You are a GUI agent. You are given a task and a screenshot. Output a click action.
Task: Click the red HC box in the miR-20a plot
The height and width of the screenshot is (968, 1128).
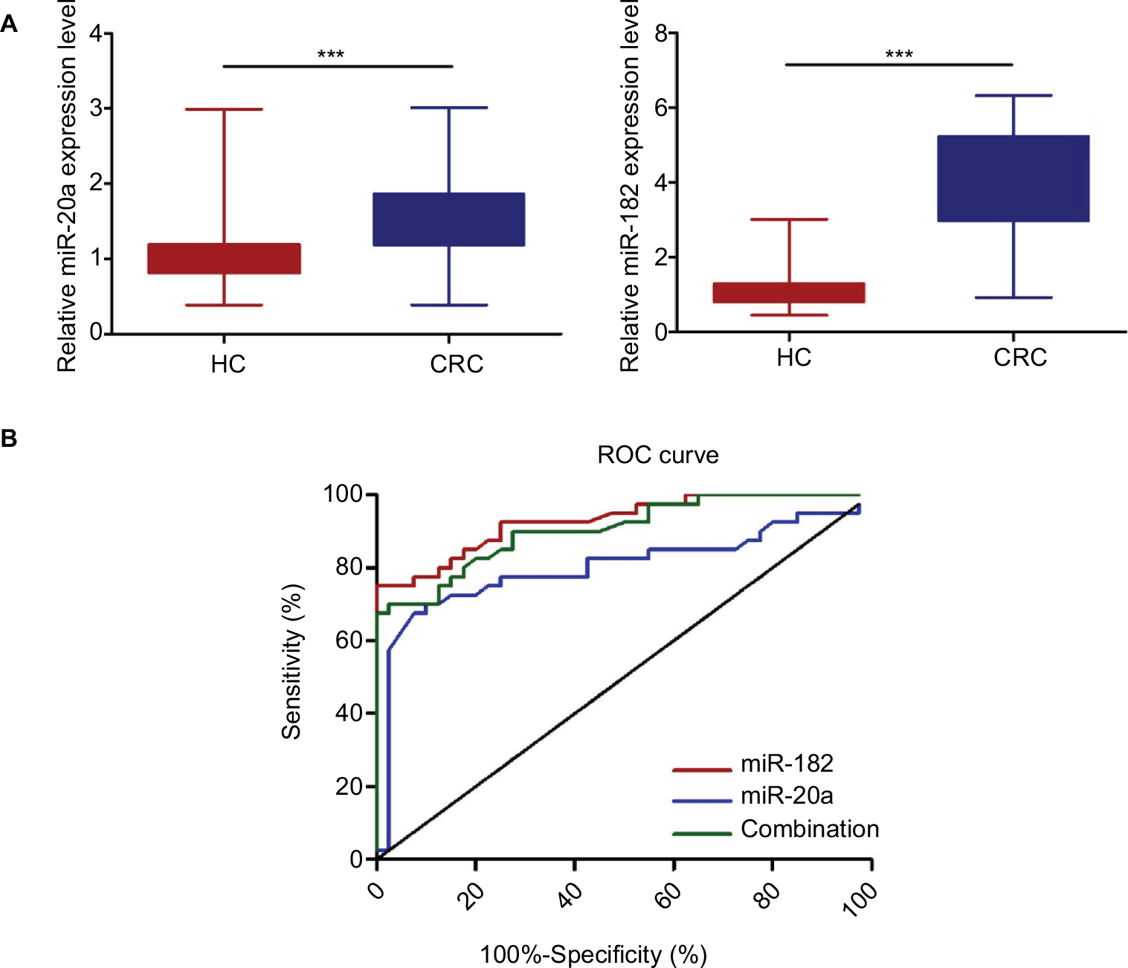coord(224,259)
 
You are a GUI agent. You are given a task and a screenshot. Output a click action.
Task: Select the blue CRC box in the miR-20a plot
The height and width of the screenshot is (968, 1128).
coord(449,219)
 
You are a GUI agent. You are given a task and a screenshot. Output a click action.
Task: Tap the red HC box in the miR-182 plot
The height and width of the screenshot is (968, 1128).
coord(789,293)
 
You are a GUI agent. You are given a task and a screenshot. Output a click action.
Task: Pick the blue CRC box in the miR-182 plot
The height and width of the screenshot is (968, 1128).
coord(1013,178)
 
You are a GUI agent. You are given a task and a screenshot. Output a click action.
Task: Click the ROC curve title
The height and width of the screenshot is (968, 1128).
coord(658,455)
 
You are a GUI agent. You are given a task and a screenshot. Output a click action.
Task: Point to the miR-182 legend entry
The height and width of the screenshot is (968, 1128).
coord(787,764)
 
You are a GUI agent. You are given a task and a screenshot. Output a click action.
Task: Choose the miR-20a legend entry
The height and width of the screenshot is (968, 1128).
coord(787,796)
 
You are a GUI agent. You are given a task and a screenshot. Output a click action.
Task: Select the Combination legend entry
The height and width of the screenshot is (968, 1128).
coord(810,829)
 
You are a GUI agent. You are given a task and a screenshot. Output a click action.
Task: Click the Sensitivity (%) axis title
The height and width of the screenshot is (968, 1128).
coord(291,662)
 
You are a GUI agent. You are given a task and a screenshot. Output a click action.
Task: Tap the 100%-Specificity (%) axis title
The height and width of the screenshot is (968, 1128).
coord(593,955)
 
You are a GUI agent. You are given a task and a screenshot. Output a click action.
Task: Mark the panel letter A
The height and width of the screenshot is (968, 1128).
coord(9,25)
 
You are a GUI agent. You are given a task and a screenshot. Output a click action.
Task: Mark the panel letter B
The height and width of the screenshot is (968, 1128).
coord(9,439)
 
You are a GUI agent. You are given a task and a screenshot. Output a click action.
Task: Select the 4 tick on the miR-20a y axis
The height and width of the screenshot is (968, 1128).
coord(96,34)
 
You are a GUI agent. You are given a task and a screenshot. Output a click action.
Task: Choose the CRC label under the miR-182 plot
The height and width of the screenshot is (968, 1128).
coord(1020,358)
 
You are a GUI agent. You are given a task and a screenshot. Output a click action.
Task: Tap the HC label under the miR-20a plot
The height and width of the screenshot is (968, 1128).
coord(228,364)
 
